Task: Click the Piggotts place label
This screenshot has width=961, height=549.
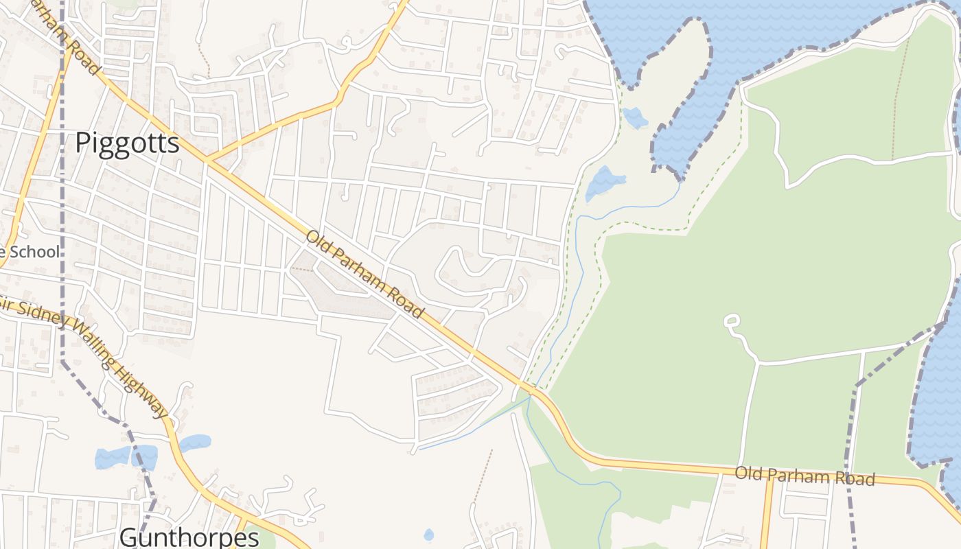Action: pyautogui.click(x=127, y=143)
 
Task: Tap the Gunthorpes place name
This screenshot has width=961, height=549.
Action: pyautogui.click(x=189, y=537)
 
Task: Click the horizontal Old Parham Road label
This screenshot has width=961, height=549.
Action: pyautogui.click(x=804, y=476)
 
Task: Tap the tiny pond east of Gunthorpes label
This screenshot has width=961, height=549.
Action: pyautogui.click(x=429, y=535)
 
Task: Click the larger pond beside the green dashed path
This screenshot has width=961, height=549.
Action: pyautogui.click(x=604, y=181)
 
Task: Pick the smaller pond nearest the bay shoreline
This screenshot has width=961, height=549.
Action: pyautogui.click(x=636, y=118)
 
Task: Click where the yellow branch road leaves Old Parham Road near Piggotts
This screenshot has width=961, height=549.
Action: pyautogui.click(x=208, y=161)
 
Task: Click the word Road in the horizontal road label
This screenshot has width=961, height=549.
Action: pyautogui.click(x=855, y=478)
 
